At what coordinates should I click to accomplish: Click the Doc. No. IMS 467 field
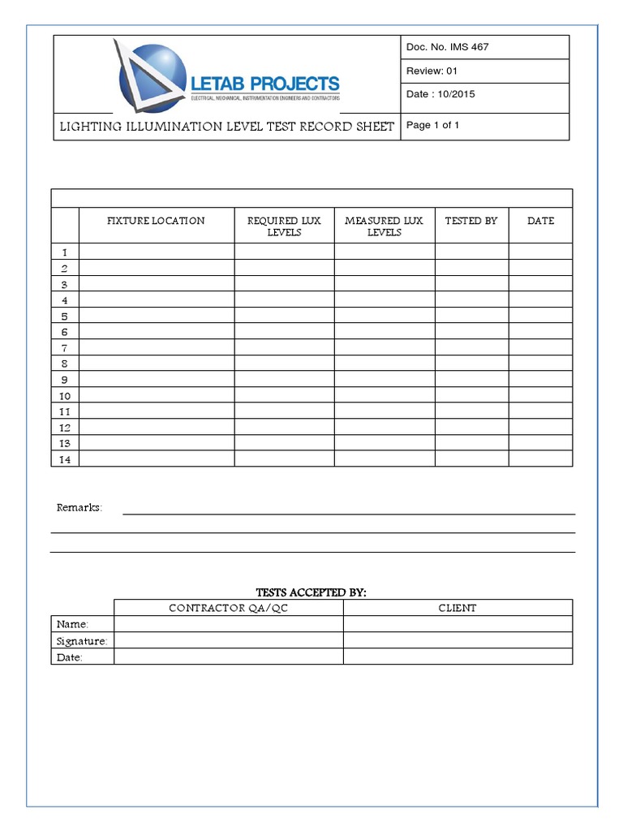[x=447, y=47]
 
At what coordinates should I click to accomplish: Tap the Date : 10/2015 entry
[x=440, y=94]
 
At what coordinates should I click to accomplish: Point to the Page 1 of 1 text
[x=432, y=126]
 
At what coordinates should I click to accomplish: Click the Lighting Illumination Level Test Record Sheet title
[x=226, y=127]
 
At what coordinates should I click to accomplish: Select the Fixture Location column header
[x=156, y=221]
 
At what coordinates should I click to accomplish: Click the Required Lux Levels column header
[x=284, y=226]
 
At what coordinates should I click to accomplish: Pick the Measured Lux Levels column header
[x=384, y=226]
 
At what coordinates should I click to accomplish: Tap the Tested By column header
[x=471, y=221]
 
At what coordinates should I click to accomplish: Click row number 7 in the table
[x=65, y=348]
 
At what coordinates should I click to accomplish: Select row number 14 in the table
[x=65, y=459]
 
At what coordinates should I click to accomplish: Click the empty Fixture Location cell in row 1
[x=157, y=252]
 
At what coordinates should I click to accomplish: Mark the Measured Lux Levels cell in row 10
[x=384, y=396]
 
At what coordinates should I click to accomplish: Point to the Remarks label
[x=79, y=508]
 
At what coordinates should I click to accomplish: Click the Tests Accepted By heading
[x=311, y=593]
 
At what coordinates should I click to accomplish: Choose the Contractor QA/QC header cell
[x=228, y=608]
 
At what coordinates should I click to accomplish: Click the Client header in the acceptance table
[x=458, y=608]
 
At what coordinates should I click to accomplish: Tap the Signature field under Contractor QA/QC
[x=228, y=641]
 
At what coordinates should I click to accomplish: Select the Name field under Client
[x=458, y=624]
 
